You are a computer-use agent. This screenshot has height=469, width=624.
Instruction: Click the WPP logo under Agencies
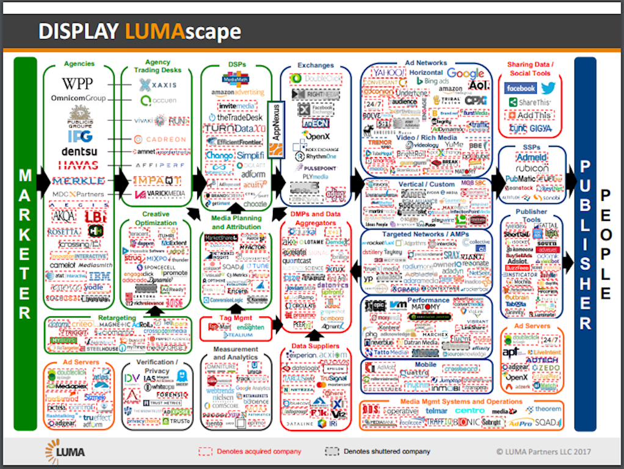coord(78,83)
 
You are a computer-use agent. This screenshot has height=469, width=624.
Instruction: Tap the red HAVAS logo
coord(78,165)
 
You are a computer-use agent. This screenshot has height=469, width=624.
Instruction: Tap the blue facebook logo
coord(520,89)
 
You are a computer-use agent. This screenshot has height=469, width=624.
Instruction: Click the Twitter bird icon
coord(548,89)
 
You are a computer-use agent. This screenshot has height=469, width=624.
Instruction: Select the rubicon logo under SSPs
coord(532,168)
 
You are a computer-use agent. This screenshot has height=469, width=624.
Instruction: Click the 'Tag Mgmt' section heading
coord(235,318)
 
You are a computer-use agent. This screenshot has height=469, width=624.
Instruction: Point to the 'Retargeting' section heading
coord(117,318)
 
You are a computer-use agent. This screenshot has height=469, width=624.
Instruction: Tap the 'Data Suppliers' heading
coord(315,346)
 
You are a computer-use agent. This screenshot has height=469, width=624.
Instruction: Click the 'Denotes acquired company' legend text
coord(259,451)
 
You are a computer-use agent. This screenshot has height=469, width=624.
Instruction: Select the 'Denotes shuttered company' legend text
coord(386,451)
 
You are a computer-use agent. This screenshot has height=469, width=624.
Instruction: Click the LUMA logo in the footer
coord(65,451)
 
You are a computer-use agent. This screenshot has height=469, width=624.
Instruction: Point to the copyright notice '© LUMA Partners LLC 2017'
coord(543,452)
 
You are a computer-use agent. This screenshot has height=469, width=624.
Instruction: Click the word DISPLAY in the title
coord(79,31)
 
